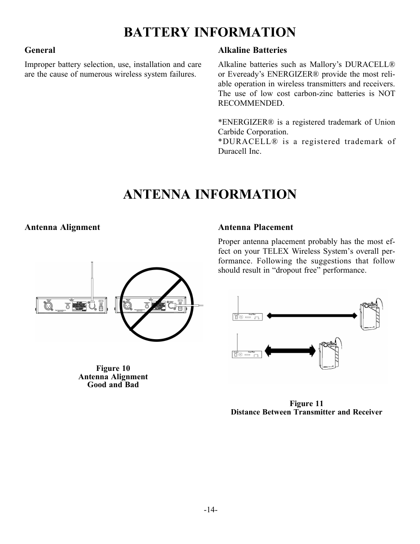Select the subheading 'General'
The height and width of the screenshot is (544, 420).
[x=40, y=50]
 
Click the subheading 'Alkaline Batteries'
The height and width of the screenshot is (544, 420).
[x=252, y=50]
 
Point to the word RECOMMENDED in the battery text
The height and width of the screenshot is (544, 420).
[x=251, y=103]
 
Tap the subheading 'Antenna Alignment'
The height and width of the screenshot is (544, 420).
[x=62, y=227]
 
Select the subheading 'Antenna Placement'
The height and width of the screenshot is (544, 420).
[x=255, y=227]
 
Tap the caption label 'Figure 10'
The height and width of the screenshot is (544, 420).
[x=113, y=368]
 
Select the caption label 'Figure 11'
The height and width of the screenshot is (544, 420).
[x=306, y=403]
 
